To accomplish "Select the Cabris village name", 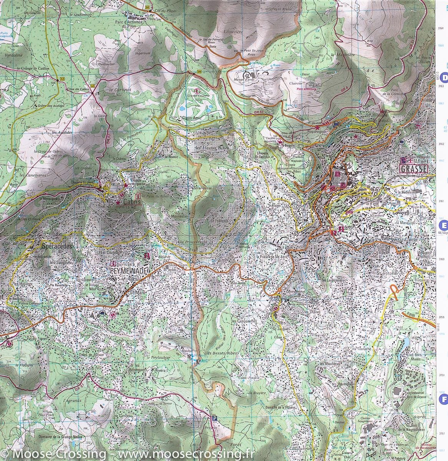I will point(130,201).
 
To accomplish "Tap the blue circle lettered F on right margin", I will point(444,400).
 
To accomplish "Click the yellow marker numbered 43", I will point(62,79).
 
